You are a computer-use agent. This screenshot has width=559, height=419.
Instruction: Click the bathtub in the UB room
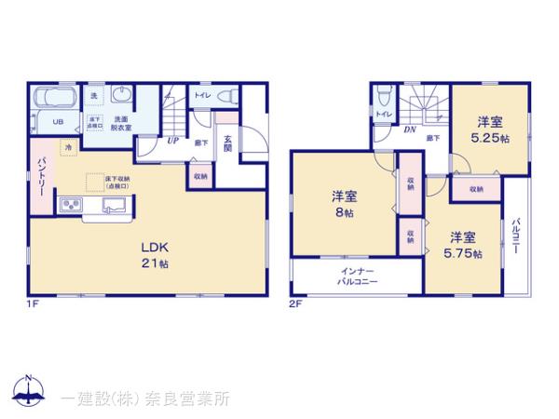[x=54, y=100]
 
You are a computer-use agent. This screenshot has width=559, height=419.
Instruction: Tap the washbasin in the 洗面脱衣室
[x=121, y=96]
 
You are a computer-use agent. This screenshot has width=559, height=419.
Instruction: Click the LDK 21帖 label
[x=155, y=255]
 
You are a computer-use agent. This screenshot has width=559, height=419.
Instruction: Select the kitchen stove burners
[x=71, y=206]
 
